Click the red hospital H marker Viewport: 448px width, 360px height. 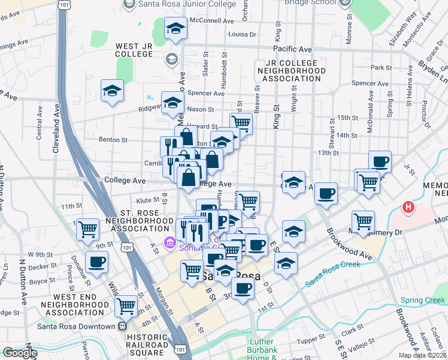tap(408, 208)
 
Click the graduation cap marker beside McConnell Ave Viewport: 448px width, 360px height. tap(175, 28)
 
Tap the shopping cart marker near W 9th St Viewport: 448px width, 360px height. tap(88, 228)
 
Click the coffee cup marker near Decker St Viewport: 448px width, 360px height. tap(97, 262)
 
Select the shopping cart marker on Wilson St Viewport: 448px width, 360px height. tap(126, 305)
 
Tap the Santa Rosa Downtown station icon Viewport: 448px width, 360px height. tap(122, 326)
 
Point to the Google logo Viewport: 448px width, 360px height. tap(19, 353)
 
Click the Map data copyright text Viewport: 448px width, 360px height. tap(422, 355)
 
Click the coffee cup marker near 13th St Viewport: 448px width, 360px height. tap(380, 161)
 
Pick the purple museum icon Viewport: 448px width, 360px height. tap(169, 243)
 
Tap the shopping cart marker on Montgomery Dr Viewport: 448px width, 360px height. tap(363, 221)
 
